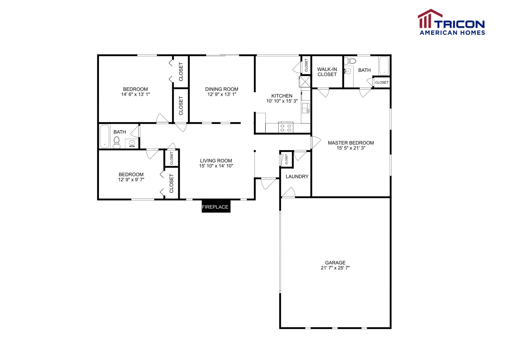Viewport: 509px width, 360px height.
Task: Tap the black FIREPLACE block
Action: click(x=216, y=206)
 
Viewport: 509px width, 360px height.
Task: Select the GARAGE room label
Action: click(x=335, y=263)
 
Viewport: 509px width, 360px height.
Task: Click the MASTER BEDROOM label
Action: click(x=351, y=143)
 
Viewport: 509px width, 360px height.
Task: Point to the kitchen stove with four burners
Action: click(x=285, y=128)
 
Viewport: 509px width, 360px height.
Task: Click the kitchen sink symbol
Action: click(x=306, y=108)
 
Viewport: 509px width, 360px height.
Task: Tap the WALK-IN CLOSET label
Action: click(x=327, y=72)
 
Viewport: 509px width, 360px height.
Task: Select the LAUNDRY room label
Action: click(x=297, y=177)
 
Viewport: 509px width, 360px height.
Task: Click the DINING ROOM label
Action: click(x=221, y=89)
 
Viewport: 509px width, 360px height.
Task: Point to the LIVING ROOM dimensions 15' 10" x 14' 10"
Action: click(x=216, y=166)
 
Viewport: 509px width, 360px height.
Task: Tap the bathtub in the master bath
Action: click(x=384, y=66)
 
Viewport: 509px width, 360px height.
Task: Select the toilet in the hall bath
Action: click(x=117, y=142)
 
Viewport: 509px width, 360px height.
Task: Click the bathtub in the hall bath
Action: click(x=104, y=136)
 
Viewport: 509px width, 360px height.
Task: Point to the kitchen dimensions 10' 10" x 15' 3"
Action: click(x=282, y=101)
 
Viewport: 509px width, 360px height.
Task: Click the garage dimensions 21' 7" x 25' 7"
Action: click(x=335, y=268)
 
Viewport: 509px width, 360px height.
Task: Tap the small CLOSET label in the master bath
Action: click(x=381, y=82)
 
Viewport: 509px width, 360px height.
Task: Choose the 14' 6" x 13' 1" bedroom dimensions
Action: click(x=135, y=94)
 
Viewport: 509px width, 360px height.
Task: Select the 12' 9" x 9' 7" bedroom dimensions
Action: click(x=131, y=180)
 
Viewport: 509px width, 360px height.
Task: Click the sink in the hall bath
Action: click(x=132, y=144)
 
